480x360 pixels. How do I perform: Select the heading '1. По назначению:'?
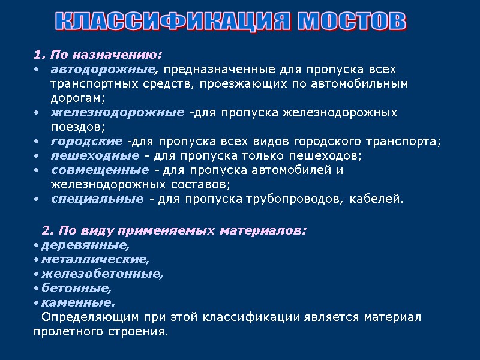(98, 55)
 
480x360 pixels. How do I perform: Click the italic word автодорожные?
(105, 69)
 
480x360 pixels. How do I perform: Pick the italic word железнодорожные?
(118, 112)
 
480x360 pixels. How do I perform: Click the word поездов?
(77, 127)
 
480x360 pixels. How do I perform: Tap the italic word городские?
(87, 141)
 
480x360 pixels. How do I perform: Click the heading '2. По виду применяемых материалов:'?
(174, 230)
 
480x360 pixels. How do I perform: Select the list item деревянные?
(85, 245)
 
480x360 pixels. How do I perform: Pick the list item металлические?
(95, 259)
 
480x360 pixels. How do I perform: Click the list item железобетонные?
(102, 274)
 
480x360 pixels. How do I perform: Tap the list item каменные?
(78, 302)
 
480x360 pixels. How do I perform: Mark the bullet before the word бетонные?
(37, 289)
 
